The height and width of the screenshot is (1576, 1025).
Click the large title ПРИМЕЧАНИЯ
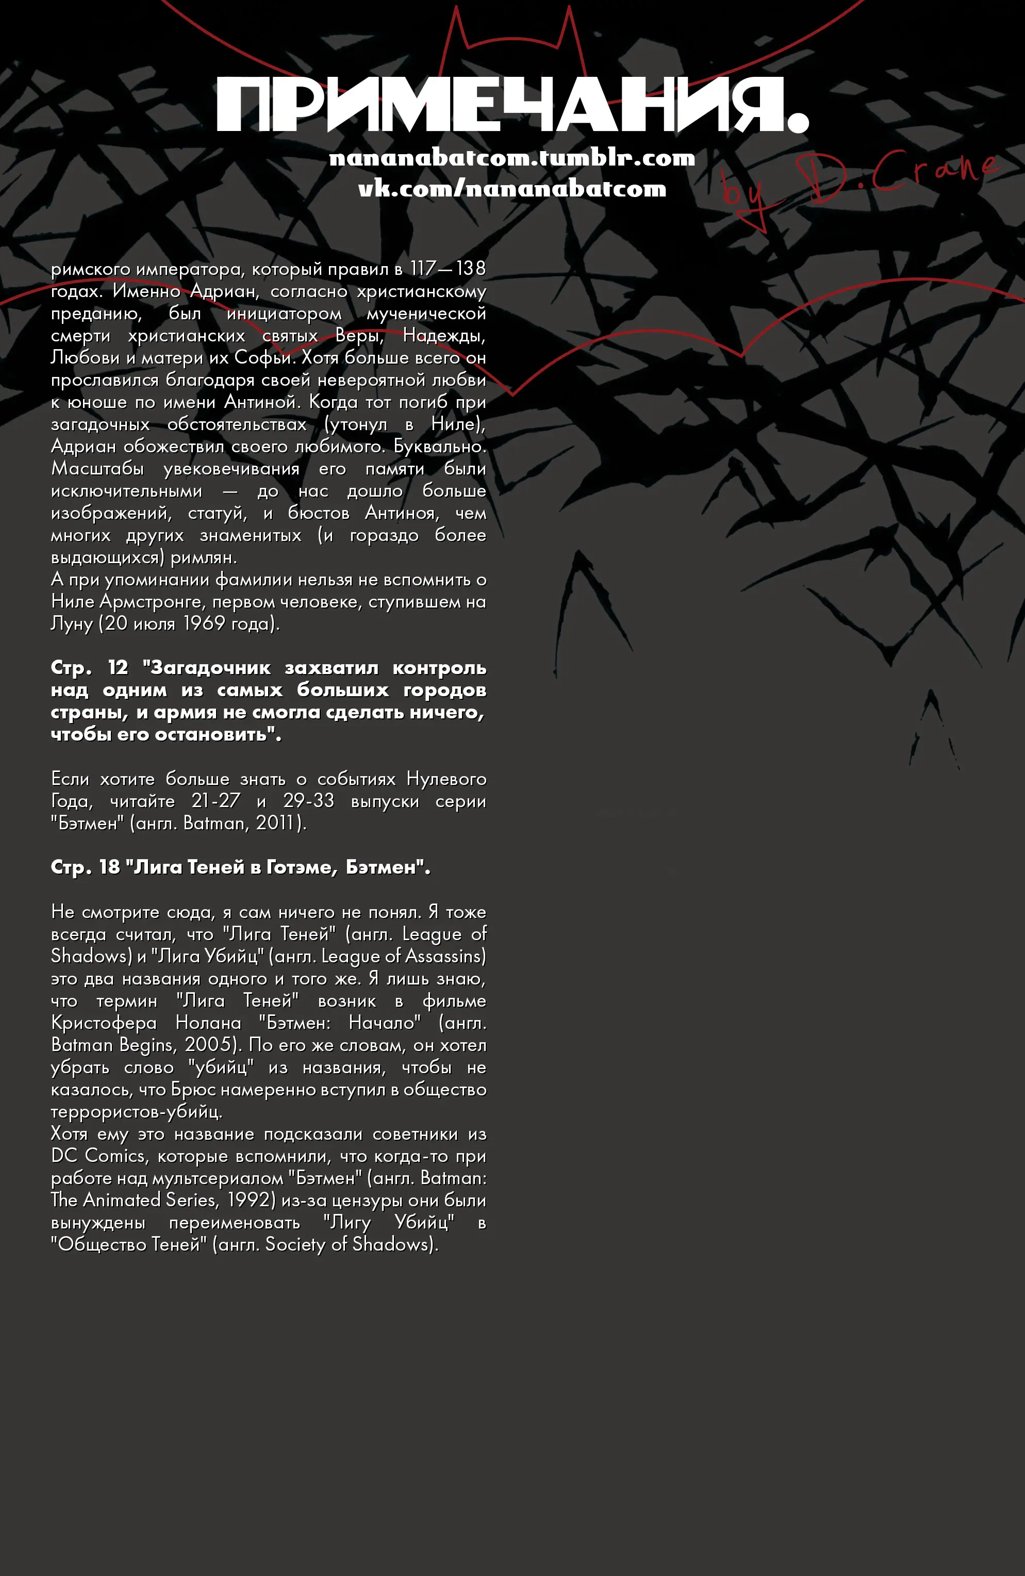click(x=512, y=105)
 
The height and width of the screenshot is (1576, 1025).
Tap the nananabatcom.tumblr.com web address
click(x=512, y=158)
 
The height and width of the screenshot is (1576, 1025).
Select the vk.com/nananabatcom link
click(x=512, y=189)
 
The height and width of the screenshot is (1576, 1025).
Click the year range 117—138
click(x=448, y=268)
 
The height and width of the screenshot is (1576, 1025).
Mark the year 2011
click(x=275, y=823)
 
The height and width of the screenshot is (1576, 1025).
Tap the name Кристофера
click(x=104, y=1023)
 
